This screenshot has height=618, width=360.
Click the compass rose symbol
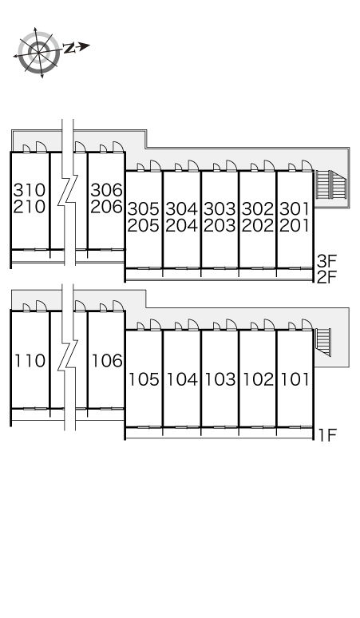(x=38, y=52)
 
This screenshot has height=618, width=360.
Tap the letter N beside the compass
(x=69, y=48)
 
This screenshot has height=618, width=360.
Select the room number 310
(x=30, y=190)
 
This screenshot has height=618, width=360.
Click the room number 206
(x=107, y=207)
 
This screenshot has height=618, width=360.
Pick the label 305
(x=144, y=208)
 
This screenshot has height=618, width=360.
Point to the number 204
(x=181, y=225)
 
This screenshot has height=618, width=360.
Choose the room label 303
(x=220, y=208)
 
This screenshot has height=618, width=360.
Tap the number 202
(x=258, y=225)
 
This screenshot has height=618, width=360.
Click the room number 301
(x=295, y=208)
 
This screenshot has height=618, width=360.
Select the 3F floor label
(x=327, y=260)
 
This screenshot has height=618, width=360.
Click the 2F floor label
(x=327, y=278)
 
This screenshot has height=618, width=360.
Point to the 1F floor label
(x=328, y=435)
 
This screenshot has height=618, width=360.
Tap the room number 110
(x=30, y=361)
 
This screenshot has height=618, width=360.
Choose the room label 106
(x=107, y=361)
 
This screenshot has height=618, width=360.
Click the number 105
(x=144, y=379)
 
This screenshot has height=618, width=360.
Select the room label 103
(x=220, y=379)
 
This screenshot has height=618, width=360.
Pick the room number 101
(x=295, y=379)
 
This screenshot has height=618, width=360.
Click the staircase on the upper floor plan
(x=330, y=185)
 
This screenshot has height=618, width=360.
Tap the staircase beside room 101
(x=323, y=341)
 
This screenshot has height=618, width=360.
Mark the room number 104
(x=182, y=379)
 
